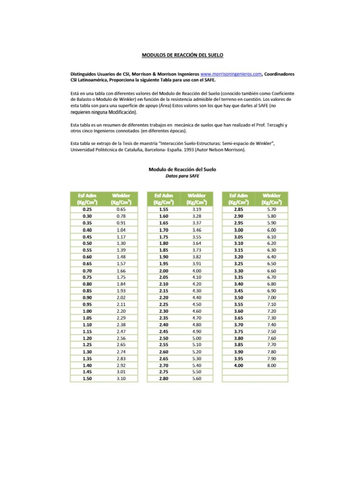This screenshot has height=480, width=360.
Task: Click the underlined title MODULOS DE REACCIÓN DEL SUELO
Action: [x=182, y=55]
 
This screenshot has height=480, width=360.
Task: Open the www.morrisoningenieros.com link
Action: [x=230, y=74]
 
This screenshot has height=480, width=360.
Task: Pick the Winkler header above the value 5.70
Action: [x=271, y=199]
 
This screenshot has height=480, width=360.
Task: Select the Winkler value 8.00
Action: [x=271, y=365]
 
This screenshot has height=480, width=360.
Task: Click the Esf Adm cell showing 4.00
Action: [x=239, y=365]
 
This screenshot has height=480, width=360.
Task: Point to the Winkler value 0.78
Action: [x=121, y=216]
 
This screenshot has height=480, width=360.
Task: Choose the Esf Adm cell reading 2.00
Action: [x=163, y=271]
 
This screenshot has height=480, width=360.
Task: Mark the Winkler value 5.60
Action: [x=196, y=378]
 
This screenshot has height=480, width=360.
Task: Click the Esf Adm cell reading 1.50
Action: [x=87, y=378]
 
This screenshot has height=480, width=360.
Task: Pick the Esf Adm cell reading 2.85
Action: [x=239, y=209]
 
